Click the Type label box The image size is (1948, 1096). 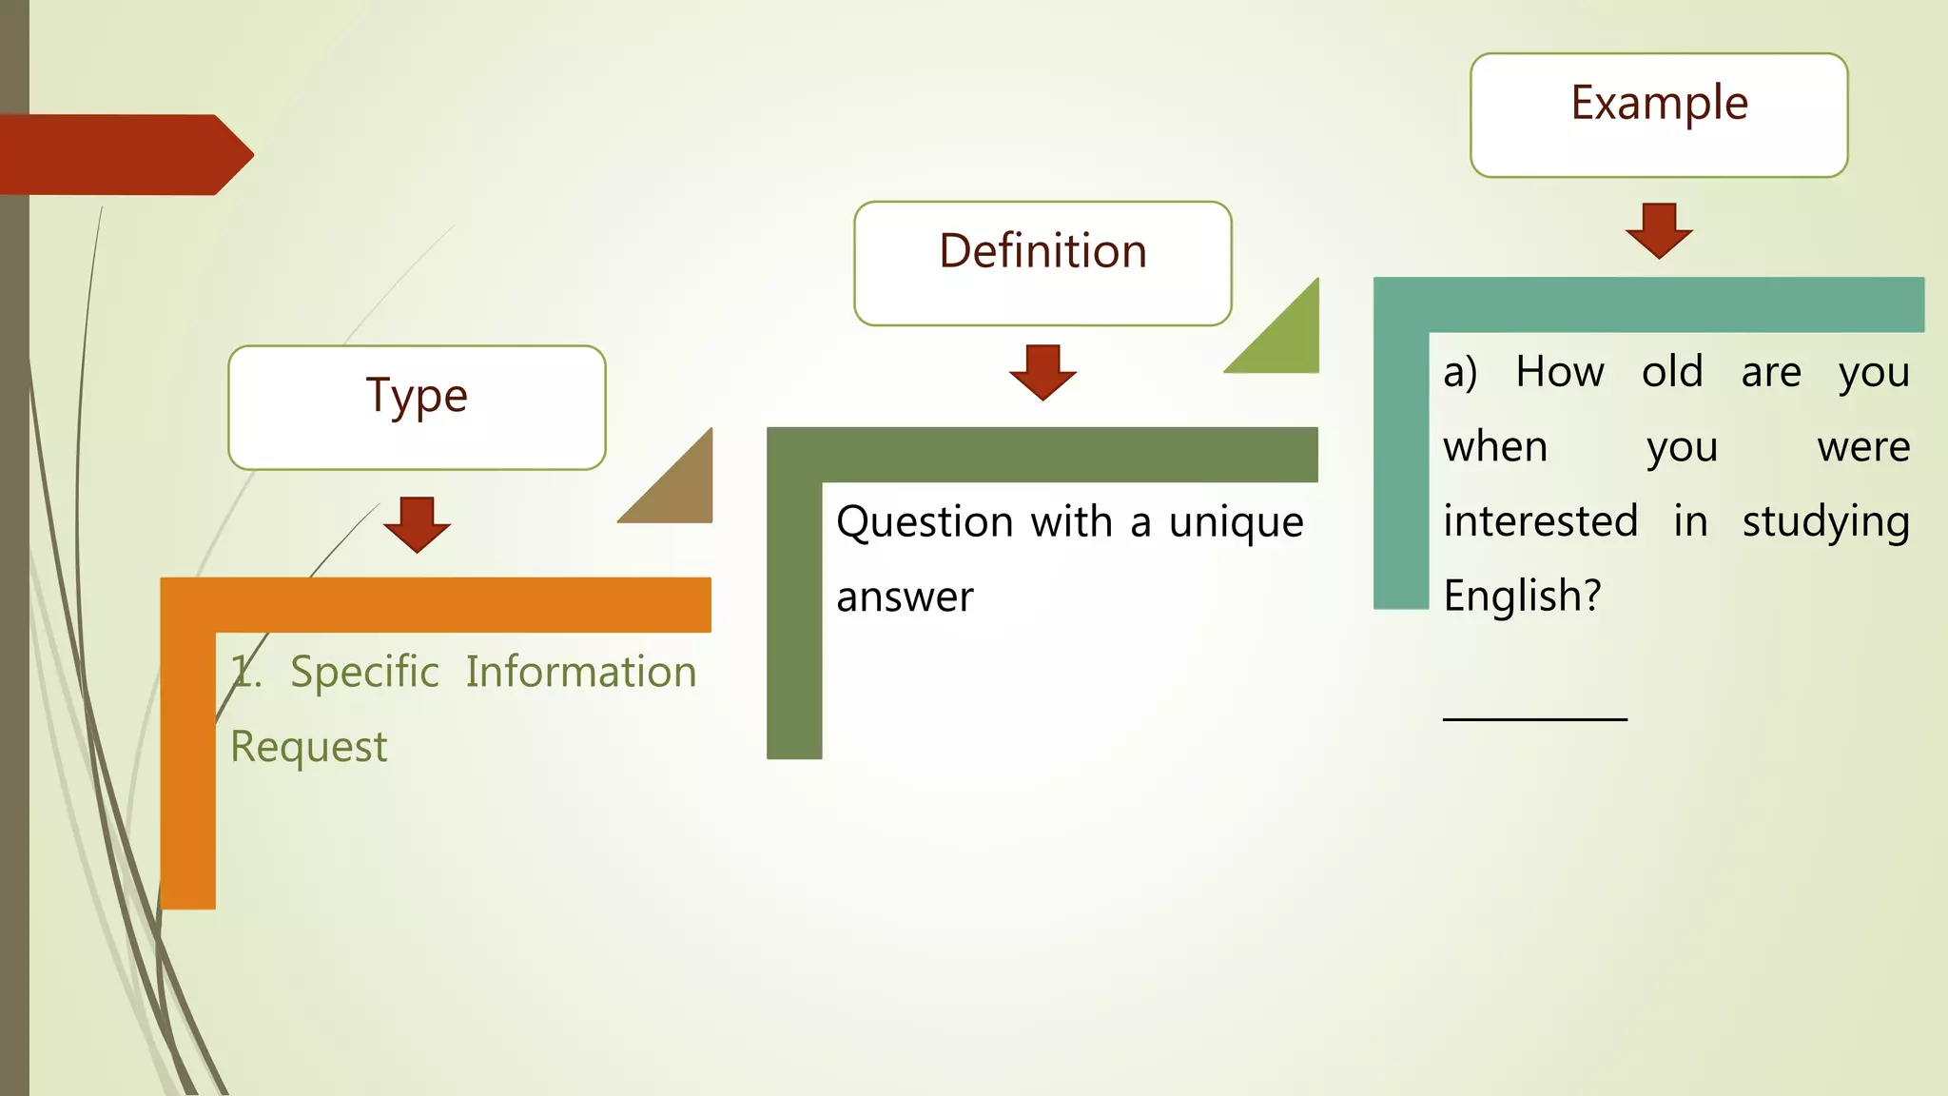417,407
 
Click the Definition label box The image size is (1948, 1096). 1042,263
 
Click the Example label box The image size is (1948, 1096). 1659,114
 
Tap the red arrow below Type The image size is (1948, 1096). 417,524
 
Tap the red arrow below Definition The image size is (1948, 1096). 1042,372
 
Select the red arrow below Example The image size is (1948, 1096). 1659,230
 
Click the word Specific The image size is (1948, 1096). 364,672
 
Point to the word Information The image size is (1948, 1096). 581,672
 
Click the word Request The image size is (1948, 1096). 308,747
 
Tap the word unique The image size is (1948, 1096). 1236,522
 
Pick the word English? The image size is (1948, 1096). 1522,597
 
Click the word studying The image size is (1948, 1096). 1825,522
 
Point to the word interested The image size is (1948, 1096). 1540,521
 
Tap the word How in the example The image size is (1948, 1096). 1560,371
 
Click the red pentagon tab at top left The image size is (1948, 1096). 124,154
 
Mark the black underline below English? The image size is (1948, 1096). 1534,718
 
